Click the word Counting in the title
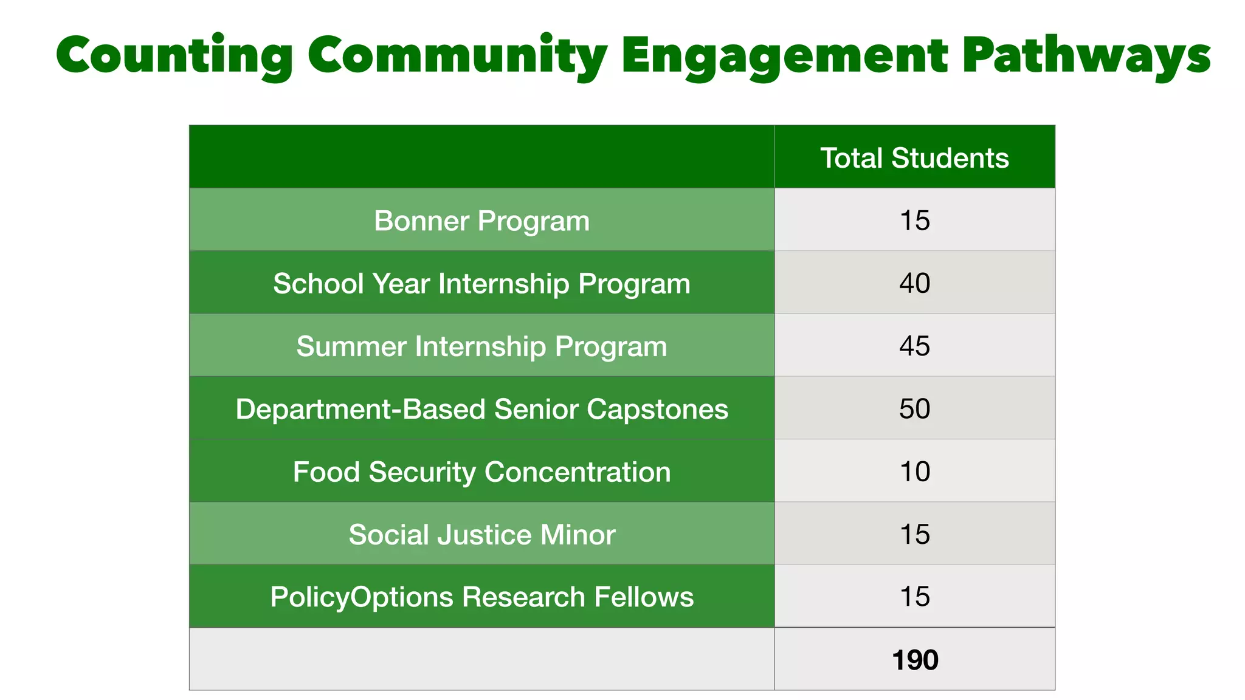tap(174, 56)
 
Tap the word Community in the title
tap(457, 56)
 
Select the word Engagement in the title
tap(784, 56)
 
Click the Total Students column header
tap(914, 158)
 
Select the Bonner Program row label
tap(481, 221)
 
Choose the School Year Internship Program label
tap(481, 284)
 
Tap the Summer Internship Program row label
tap(481, 346)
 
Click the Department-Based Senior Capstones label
tap(481, 409)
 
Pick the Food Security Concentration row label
tap(481, 472)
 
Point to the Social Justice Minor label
tap(481, 535)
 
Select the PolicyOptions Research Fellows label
tap(481, 597)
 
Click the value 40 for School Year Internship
tap(914, 283)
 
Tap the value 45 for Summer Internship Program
tap(914, 346)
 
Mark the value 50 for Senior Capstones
tap(914, 408)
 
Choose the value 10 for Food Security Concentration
tap(914, 472)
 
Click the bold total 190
tap(914, 660)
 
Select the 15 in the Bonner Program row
tap(914, 221)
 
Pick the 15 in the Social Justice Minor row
tap(914, 534)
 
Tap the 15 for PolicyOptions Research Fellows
tap(914, 597)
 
